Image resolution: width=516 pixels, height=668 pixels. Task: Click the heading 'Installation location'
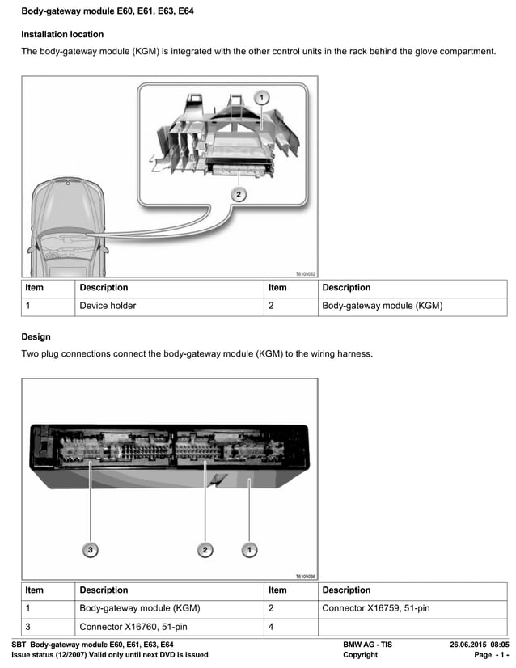(x=62, y=35)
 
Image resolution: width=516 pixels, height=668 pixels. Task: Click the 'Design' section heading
(x=36, y=336)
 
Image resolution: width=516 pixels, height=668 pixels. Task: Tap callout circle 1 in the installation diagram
(x=260, y=97)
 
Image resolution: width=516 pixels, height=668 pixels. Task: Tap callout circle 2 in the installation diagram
(x=238, y=194)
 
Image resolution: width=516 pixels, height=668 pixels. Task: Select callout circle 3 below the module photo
(x=91, y=550)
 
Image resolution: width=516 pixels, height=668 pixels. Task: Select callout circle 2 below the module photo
(x=205, y=550)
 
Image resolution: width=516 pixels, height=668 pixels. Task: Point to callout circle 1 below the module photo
(x=250, y=550)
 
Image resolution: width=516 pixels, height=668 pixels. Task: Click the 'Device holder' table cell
(x=108, y=307)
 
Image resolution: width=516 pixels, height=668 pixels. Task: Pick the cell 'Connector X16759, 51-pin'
(x=376, y=608)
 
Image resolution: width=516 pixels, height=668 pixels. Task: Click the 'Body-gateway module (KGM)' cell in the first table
(x=382, y=307)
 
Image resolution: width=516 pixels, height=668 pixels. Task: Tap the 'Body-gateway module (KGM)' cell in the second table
(x=139, y=608)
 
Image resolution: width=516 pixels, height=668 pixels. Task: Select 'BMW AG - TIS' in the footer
(x=367, y=645)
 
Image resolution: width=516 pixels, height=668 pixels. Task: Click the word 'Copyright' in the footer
(x=360, y=655)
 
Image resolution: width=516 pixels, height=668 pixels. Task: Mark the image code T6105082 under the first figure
(x=305, y=274)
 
